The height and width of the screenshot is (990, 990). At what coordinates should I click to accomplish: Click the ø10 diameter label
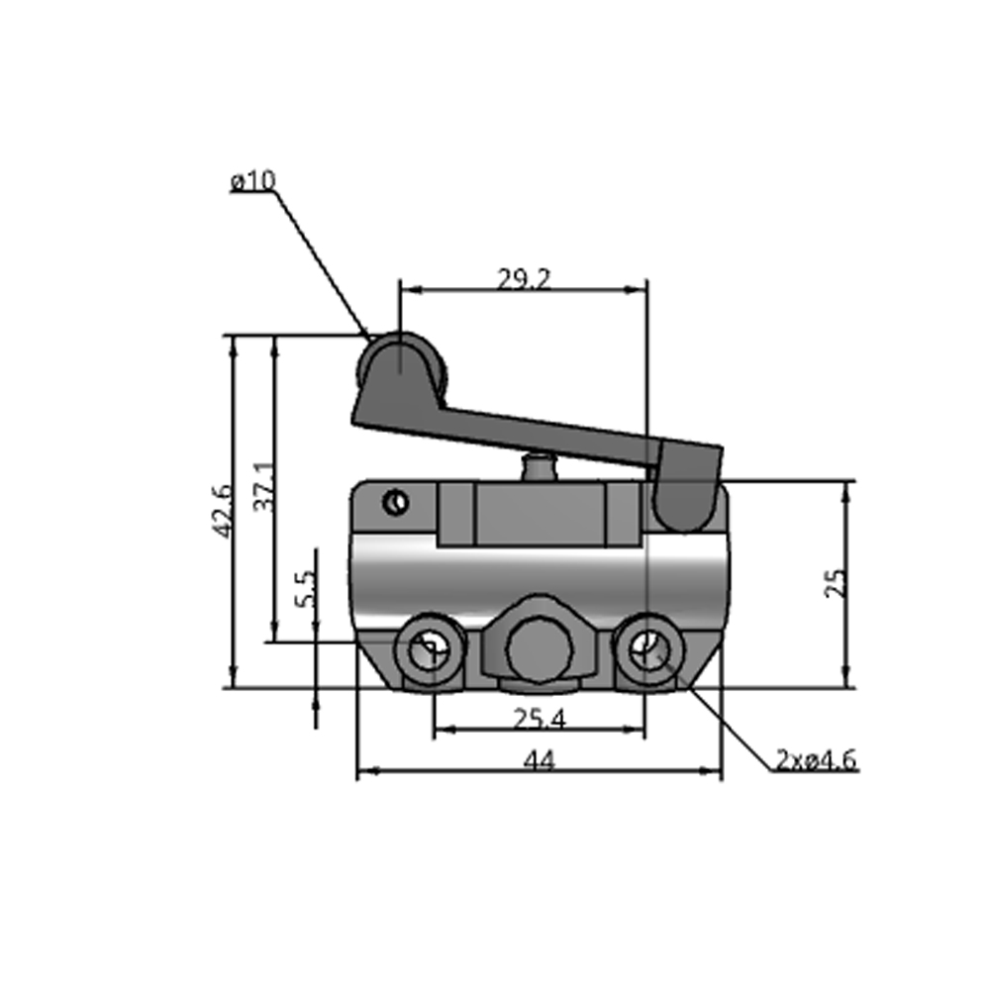(x=252, y=181)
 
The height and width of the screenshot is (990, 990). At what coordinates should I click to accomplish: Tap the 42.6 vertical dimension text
(x=222, y=511)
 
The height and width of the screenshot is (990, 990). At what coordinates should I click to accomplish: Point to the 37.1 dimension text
(x=263, y=486)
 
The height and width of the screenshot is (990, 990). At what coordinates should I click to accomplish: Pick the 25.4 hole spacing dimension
(x=540, y=719)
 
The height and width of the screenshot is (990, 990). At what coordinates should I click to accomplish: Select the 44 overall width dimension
(x=540, y=760)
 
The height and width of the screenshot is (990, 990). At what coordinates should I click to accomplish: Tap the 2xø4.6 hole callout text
(x=817, y=760)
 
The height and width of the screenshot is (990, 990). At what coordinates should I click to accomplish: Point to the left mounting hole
(x=431, y=650)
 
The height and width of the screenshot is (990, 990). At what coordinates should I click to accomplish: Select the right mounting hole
(x=647, y=650)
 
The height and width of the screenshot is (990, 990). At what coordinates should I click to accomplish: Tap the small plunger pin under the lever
(x=540, y=465)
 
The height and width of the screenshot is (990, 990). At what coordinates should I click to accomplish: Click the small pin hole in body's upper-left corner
(x=396, y=503)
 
